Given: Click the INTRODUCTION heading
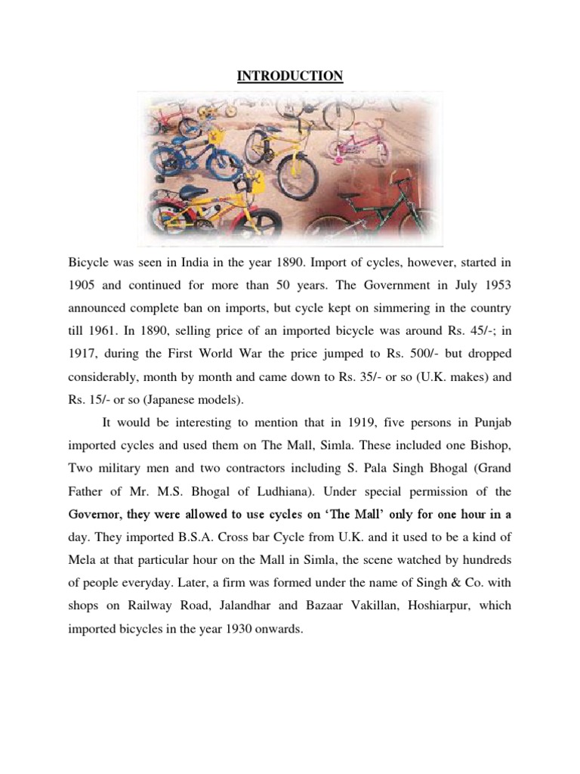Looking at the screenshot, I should (x=290, y=76).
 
